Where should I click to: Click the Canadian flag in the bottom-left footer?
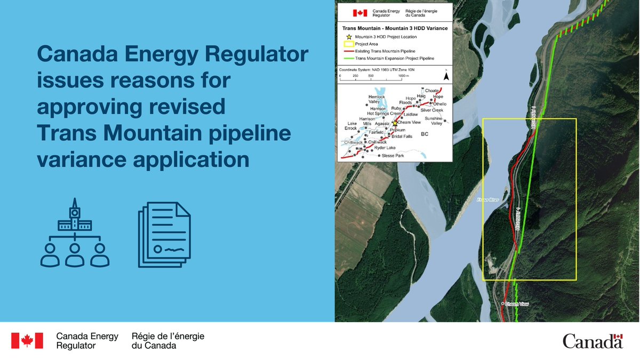click(27, 341)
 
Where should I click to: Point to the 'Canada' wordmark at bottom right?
click(593, 341)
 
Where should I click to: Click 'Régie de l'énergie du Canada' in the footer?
click(167, 341)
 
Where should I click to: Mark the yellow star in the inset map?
click(395, 123)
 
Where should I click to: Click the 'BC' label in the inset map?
click(425, 134)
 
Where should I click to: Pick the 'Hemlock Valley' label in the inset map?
click(376, 99)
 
